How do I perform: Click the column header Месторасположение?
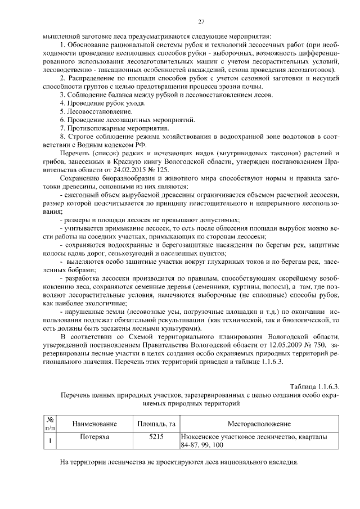[259, 423]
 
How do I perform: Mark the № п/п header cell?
[49, 423]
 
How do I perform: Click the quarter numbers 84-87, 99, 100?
[202, 445]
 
